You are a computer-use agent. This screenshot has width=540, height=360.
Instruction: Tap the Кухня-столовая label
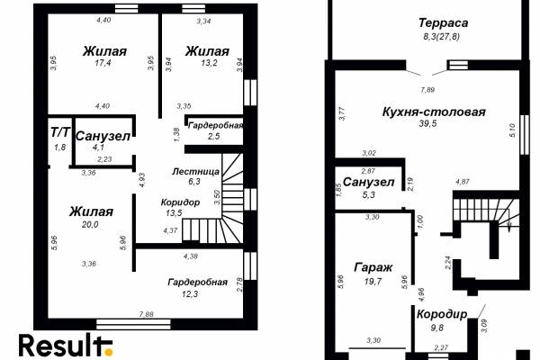point(434,112)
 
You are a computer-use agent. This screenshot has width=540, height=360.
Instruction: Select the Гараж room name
point(373,267)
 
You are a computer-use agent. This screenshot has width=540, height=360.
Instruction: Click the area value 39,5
point(427,123)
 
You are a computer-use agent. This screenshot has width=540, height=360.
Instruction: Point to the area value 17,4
point(103,63)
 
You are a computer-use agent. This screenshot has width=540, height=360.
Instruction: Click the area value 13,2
point(209,63)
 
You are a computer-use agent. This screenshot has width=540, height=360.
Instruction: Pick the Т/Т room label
point(60,132)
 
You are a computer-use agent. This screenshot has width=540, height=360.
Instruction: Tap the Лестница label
point(195,171)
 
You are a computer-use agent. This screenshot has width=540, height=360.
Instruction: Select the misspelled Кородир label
point(442,314)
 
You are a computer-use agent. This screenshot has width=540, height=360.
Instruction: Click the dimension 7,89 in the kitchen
point(427,90)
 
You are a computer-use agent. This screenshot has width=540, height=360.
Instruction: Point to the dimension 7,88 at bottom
point(147,314)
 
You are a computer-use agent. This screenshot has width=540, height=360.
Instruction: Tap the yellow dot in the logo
point(109,352)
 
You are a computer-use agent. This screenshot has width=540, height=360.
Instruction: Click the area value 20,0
point(90,225)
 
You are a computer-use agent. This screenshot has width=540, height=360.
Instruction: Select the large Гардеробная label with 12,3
point(198,282)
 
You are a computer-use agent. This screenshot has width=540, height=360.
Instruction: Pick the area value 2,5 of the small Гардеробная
point(213,136)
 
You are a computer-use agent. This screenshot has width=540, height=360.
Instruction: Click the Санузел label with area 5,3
point(368,182)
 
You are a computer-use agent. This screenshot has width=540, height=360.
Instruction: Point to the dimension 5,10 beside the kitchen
point(512,130)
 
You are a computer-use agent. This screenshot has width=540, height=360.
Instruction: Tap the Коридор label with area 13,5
point(180,202)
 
